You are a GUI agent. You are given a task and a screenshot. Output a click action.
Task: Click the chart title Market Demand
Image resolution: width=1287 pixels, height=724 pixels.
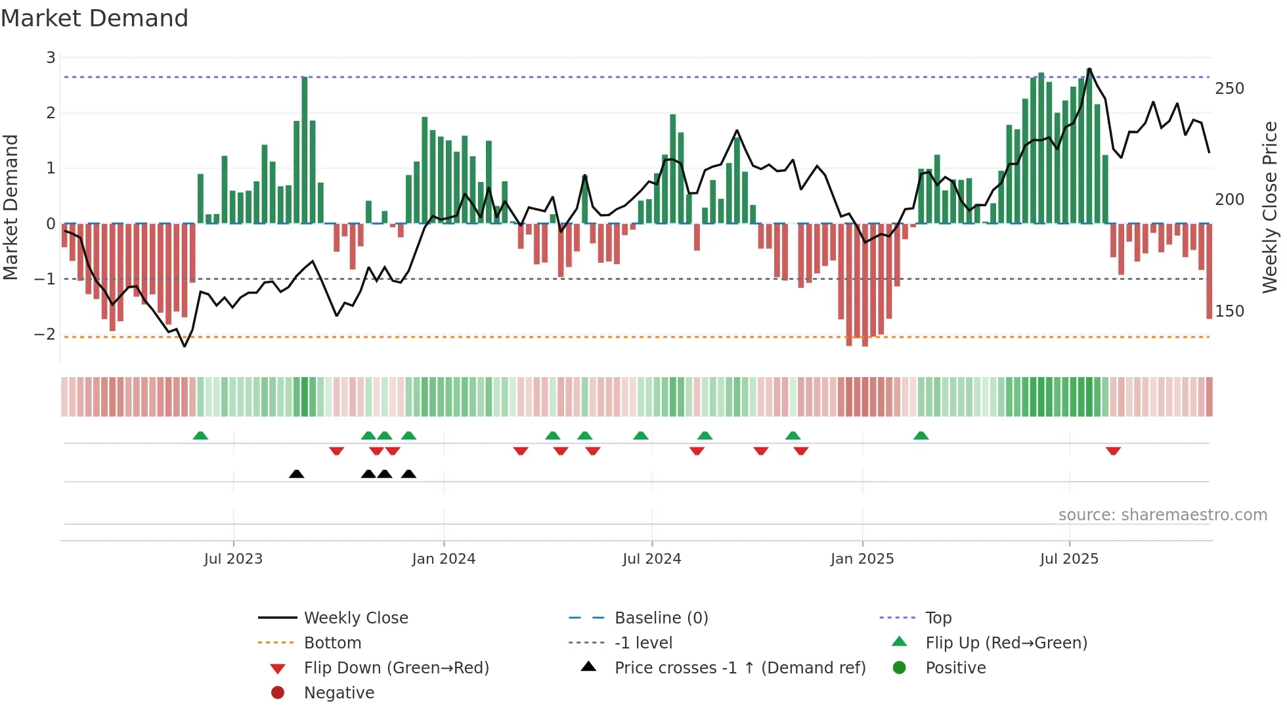tap(95, 18)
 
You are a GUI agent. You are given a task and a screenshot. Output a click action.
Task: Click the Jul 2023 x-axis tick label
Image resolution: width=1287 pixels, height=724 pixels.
tap(233, 559)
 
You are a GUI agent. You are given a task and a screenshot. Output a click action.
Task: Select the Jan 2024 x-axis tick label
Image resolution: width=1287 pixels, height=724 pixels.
tap(443, 559)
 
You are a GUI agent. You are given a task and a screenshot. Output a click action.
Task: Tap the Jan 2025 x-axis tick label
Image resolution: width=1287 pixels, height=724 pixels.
tap(862, 559)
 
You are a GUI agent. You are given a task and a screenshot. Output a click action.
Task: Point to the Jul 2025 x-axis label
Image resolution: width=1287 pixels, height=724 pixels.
tap(1069, 559)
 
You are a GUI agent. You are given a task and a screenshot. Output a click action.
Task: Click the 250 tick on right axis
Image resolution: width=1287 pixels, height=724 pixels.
tap(1229, 89)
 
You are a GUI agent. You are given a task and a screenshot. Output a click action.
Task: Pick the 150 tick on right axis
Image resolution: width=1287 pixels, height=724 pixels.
tap(1229, 311)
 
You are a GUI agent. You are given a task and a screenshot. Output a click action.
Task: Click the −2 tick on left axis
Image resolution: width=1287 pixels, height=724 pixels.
tap(45, 334)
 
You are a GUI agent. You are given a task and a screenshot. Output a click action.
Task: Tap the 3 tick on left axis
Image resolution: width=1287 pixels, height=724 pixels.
tap(51, 58)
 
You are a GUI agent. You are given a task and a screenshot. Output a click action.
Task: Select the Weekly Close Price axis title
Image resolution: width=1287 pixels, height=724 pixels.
tap(1270, 207)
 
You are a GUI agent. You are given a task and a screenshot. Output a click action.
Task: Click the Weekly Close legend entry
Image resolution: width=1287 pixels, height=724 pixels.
tap(355, 618)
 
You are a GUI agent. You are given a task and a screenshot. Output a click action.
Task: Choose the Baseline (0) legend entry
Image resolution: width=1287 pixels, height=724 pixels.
tap(661, 618)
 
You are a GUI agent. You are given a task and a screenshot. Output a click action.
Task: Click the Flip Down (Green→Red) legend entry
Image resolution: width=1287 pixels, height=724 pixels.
tap(396, 668)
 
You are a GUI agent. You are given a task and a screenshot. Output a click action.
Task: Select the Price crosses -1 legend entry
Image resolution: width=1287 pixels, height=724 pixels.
tap(739, 668)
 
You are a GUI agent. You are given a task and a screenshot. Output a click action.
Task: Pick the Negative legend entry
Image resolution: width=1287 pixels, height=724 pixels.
tap(339, 693)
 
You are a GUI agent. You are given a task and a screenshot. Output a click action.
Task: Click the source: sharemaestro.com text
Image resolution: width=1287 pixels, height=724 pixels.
tap(1162, 515)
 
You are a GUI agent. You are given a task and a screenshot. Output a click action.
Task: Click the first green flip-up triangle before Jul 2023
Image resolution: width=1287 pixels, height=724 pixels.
tap(200, 436)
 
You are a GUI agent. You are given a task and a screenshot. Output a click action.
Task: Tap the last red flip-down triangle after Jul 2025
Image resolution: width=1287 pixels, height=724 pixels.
tap(1113, 451)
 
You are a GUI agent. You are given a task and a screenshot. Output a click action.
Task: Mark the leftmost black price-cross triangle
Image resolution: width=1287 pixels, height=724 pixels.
tap(296, 474)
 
